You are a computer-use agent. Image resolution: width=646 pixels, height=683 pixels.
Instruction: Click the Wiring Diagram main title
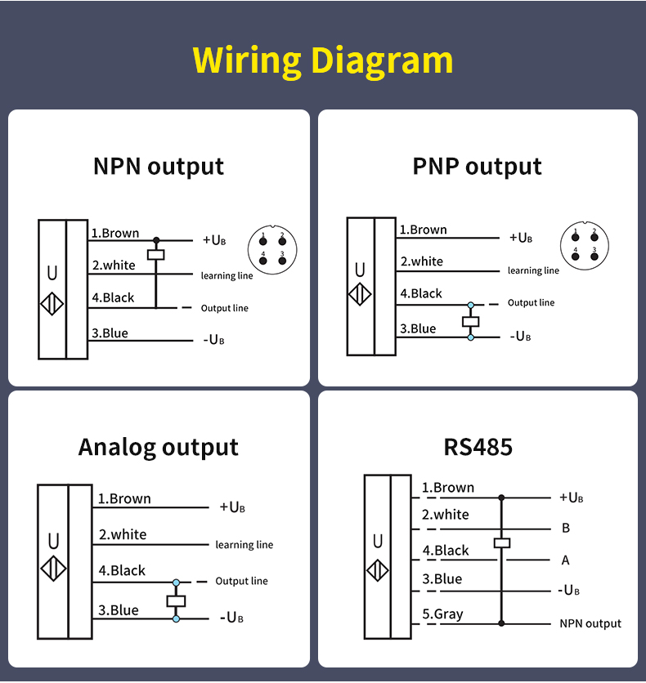tap(323, 60)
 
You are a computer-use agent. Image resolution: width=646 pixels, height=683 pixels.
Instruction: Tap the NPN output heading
tap(159, 167)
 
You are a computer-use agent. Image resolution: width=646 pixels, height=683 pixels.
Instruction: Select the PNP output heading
tap(477, 167)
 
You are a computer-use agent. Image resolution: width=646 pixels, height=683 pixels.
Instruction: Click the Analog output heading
tap(159, 448)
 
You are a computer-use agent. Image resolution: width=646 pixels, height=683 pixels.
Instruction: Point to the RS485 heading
tap(478, 448)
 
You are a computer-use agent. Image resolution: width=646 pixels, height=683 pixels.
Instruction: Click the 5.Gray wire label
tap(442, 614)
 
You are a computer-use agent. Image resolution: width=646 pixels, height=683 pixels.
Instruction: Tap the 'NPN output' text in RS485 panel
tap(590, 623)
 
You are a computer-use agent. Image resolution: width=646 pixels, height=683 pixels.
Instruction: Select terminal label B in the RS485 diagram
tap(566, 528)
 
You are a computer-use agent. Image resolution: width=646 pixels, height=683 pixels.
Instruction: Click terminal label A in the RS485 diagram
tap(566, 560)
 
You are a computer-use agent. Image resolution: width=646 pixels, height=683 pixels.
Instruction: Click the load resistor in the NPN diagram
tap(155, 254)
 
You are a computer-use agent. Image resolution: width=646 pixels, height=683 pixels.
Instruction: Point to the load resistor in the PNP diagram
tap(470, 321)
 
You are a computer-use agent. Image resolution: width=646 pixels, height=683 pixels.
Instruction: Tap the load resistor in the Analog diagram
tap(176, 601)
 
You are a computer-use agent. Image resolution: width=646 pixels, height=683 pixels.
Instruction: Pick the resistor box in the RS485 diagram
tap(502, 542)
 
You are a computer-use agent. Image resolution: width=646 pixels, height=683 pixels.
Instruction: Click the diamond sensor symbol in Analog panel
tap(52, 569)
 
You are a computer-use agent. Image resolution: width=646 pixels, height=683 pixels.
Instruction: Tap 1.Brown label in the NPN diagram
tap(115, 233)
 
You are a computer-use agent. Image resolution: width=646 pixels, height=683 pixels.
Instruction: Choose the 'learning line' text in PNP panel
tap(533, 270)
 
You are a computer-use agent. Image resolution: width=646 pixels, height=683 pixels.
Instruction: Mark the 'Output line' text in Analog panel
tap(241, 581)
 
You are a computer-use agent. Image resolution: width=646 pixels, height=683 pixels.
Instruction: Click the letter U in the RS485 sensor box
tap(378, 541)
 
